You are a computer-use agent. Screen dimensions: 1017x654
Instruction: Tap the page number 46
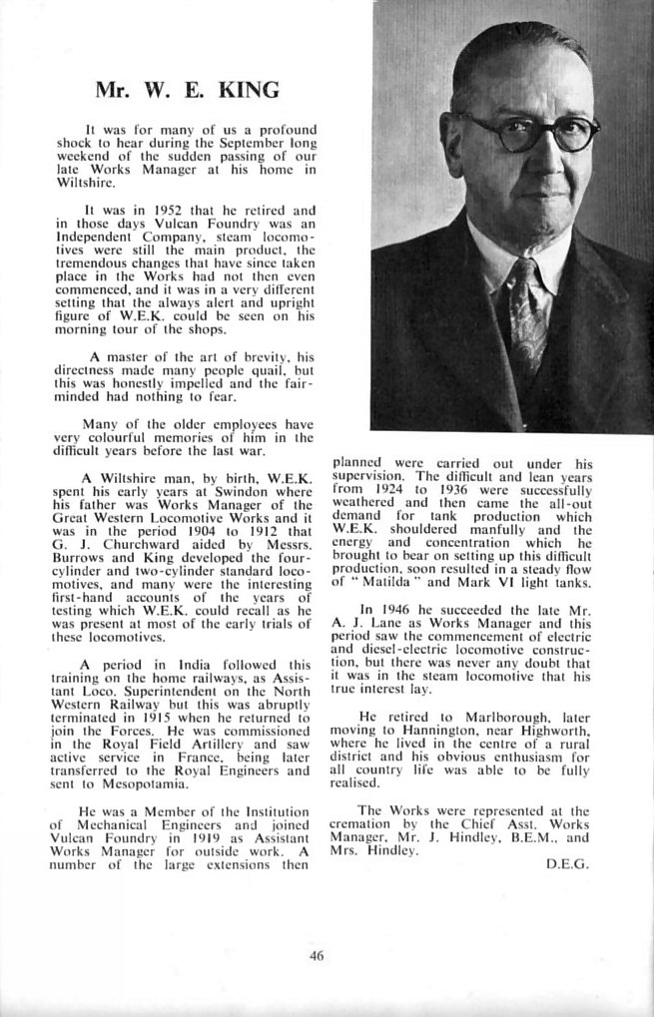click(x=318, y=955)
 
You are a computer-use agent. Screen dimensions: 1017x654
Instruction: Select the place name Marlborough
click(x=479, y=716)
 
